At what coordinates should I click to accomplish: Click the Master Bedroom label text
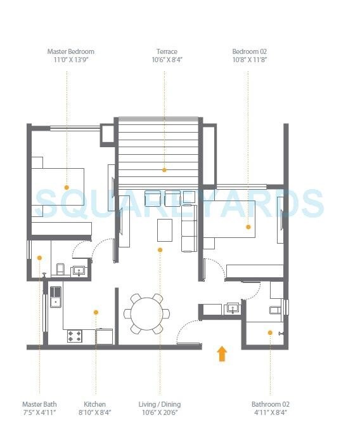70,51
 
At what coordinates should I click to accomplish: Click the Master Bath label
39,404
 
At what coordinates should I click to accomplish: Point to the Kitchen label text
94,404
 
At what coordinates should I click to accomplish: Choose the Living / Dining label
160,404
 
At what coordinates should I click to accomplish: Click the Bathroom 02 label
270,404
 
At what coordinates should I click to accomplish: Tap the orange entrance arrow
222,353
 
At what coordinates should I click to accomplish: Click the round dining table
146,312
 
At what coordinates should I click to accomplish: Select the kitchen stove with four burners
75,336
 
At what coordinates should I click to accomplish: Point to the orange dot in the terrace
165,170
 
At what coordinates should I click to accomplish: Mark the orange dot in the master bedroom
66,187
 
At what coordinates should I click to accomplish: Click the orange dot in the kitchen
95,312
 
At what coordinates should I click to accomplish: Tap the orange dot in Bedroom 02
248,227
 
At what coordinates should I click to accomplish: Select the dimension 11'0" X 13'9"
70,60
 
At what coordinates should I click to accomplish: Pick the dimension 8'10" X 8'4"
94,413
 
